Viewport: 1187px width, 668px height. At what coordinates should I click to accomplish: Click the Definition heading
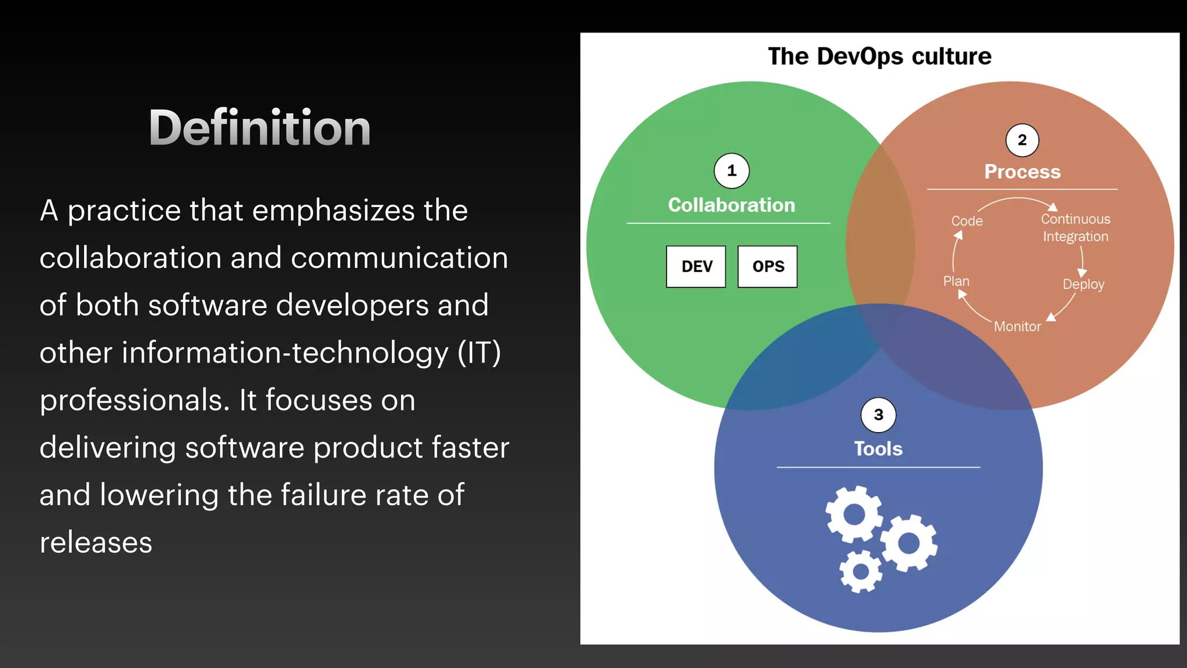[259, 128]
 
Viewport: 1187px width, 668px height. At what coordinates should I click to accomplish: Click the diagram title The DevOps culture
[879, 56]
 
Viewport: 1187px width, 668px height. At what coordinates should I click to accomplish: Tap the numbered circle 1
[731, 171]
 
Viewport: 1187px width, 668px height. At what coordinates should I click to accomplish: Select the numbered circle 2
[1022, 140]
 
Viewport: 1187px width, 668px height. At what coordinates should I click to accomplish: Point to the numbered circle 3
[878, 415]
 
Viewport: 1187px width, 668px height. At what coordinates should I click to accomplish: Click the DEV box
[696, 267]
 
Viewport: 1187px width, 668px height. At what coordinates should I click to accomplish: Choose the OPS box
[767, 267]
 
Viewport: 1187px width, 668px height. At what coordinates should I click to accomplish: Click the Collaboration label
[731, 205]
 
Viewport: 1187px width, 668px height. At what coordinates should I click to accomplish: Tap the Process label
[1022, 172]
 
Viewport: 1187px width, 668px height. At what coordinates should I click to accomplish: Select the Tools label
[878, 449]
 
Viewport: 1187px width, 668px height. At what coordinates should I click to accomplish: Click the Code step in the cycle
[967, 221]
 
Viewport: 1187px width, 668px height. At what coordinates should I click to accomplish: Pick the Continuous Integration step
[1075, 228]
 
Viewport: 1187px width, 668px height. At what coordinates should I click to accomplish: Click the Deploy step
[1083, 284]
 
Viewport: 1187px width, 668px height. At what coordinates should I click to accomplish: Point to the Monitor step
[1017, 326]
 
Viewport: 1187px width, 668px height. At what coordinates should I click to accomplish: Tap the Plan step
[956, 281]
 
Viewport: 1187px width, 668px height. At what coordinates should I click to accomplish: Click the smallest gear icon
[861, 572]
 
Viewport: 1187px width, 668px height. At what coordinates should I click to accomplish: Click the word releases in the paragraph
[96, 543]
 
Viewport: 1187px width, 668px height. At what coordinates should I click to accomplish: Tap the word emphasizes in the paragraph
[334, 210]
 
